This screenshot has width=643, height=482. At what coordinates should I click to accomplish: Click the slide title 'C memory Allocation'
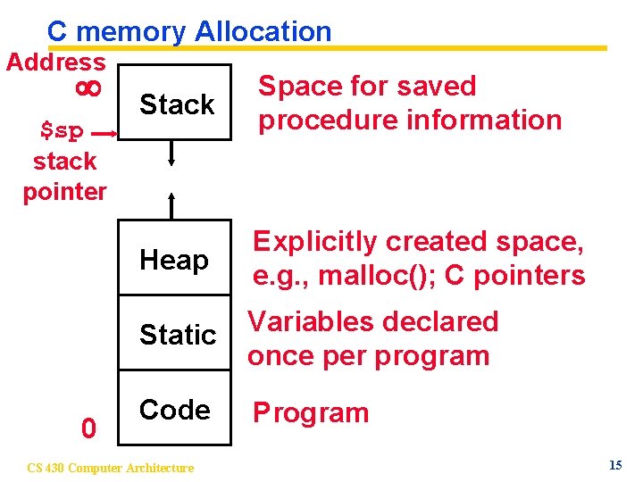(x=189, y=31)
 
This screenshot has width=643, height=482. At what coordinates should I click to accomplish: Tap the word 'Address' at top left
(x=55, y=62)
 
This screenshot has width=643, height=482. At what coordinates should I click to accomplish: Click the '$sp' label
(x=63, y=131)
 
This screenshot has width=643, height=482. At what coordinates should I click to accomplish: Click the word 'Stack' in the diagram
(x=177, y=104)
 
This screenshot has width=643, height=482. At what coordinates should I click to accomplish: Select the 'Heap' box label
(x=174, y=261)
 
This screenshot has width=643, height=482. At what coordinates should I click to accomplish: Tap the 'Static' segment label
(x=178, y=335)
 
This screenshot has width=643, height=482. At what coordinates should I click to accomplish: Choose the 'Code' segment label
(x=175, y=410)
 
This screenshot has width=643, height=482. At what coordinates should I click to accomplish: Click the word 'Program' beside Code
(x=311, y=413)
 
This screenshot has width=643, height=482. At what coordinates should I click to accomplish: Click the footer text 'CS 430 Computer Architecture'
(x=110, y=468)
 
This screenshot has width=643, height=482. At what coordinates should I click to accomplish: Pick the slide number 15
(x=615, y=465)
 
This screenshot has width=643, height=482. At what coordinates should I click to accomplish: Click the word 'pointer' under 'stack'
(x=64, y=191)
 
